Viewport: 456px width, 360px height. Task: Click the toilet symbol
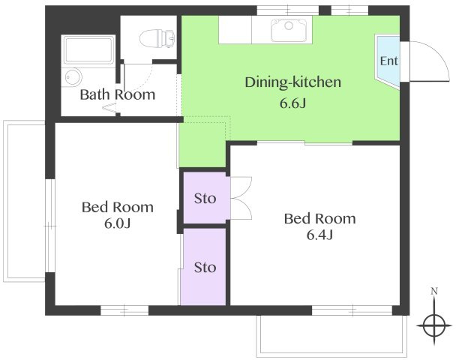(157, 38)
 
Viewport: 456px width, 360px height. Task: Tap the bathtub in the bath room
(88, 50)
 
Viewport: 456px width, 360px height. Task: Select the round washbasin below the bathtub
(73, 77)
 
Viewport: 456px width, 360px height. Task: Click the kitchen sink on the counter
(289, 30)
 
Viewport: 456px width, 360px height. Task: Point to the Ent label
(388, 61)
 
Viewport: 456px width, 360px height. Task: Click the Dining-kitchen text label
(292, 82)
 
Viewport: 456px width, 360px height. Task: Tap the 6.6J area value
(292, 103)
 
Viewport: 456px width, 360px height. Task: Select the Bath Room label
(118, 94)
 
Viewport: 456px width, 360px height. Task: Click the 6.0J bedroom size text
(118, 223)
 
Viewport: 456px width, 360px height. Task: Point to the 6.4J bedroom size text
(319, 235)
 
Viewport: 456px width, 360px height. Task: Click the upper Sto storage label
(205, 199)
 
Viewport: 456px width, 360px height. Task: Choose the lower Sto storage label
(205, 268)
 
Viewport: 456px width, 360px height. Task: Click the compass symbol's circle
(434, 325)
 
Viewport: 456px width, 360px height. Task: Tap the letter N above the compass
(434, 291)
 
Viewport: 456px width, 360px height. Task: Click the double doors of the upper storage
(241, 198)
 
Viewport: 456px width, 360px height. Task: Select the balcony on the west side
(24, 201)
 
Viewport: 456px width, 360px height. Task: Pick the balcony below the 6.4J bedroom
(331, 336)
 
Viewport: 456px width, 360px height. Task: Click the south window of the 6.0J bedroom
(124, 310)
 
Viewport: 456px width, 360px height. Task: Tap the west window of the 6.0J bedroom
(50, 226)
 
